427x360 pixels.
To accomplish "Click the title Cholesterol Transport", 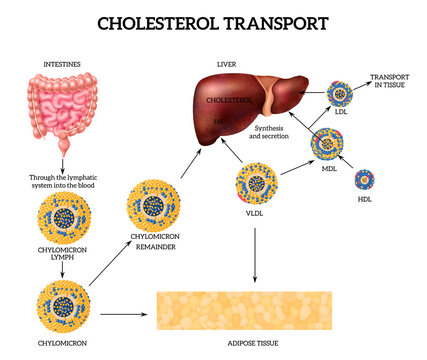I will tap(213, 22).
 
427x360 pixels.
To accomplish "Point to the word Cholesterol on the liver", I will tap(226, 101).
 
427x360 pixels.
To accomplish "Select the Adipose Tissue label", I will tap(256, 342).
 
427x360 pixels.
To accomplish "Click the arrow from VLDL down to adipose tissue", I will tap(256, 255).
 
